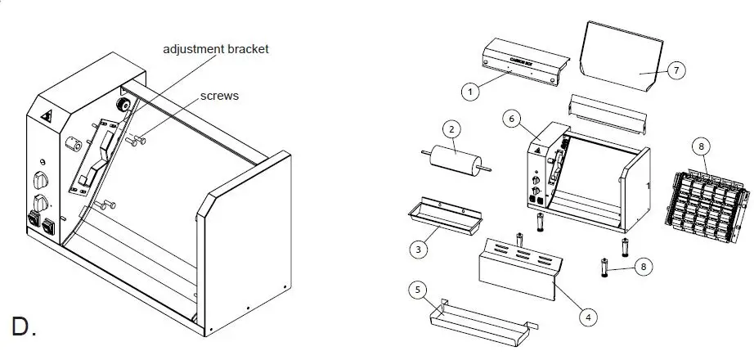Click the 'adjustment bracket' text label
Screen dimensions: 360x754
click(x=216, y=49)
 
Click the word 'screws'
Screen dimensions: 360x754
click(x=220, y=96)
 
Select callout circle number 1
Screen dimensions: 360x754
click(x=469, y=92)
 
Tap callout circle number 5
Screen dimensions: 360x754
click(x=417, y=289)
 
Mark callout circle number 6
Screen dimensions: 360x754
click(x=512, y=119)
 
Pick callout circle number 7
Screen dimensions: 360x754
click(x=675, y=70)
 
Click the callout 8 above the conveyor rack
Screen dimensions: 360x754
click(x=701, y=146)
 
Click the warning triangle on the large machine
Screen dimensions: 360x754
click(x=46, y=115)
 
